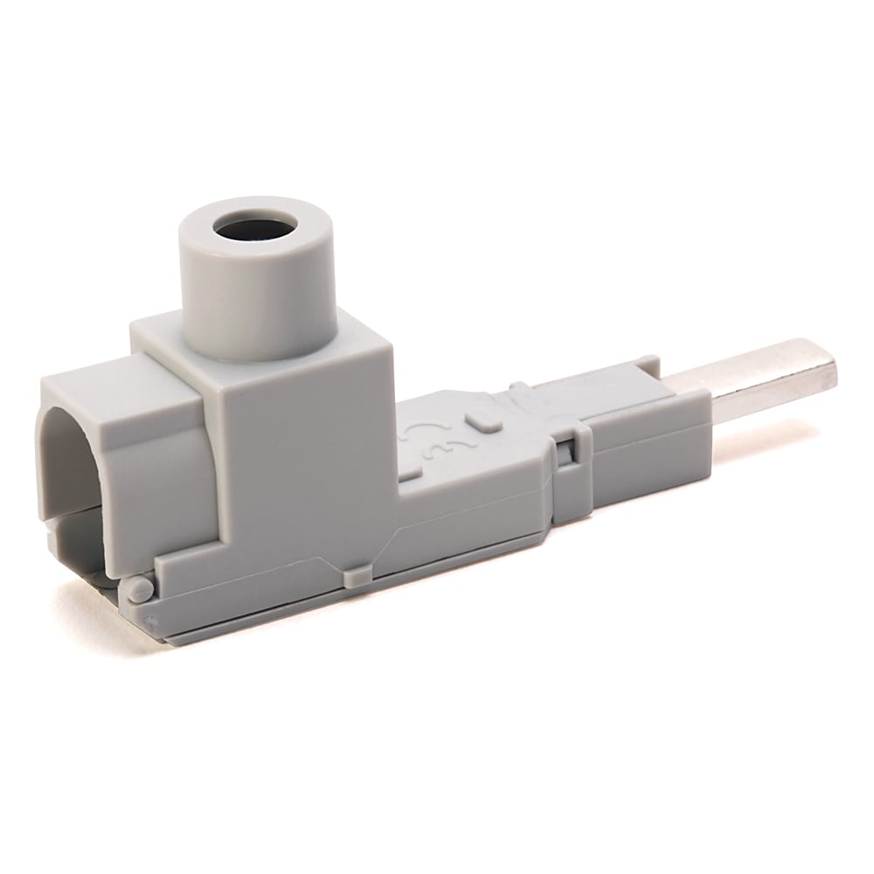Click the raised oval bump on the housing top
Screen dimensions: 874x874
[480, 419]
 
